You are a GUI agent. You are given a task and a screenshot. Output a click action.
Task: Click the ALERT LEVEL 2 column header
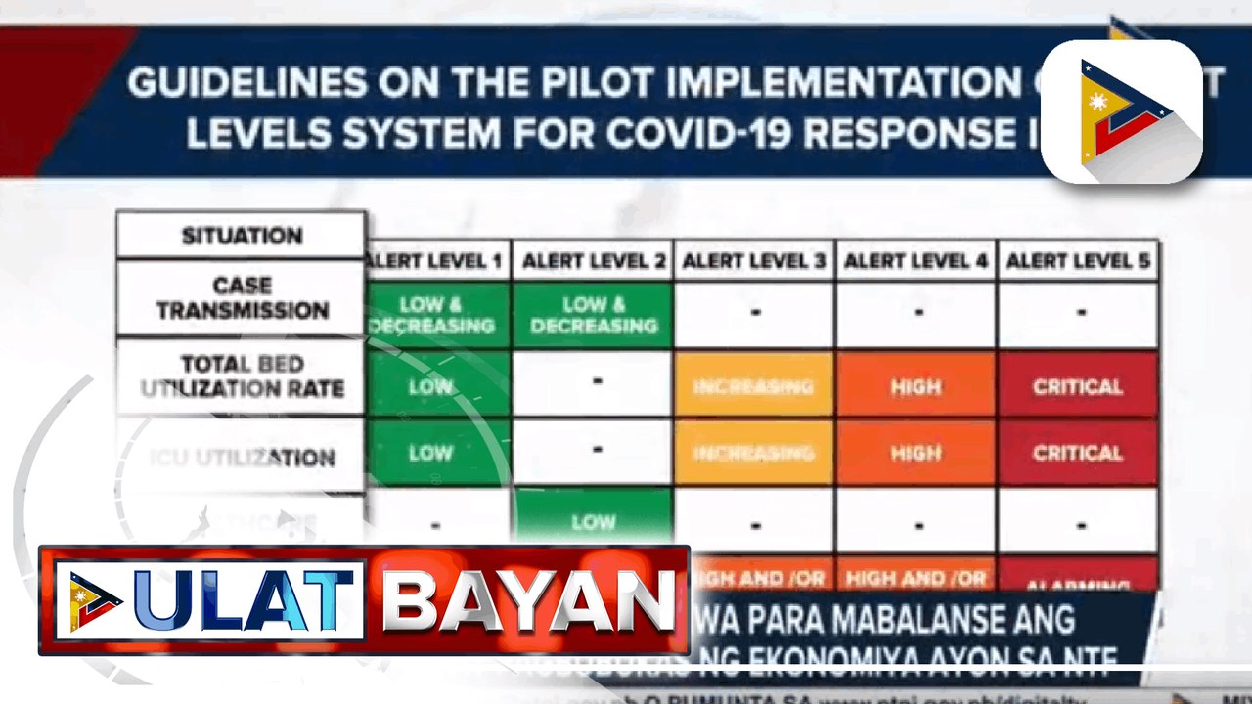pyautogui.click(x=594, y=261)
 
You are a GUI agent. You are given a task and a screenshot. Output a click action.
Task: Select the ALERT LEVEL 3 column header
pyautogui.click(x=754, y=261)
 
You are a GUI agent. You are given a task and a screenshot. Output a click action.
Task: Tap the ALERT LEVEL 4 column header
pyautogui.click(x=916, y=261)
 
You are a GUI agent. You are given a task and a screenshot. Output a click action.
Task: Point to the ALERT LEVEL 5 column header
pyautogui.click(x=1078, y=261)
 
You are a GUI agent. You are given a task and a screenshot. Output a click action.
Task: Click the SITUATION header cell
pyautogui.click(x=242, y=236)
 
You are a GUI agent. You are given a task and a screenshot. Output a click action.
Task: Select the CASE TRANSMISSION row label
pyautogui.click(x=242, y=298)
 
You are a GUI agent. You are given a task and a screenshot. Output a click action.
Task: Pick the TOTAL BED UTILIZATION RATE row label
pyautogui.click(x=242, y=376)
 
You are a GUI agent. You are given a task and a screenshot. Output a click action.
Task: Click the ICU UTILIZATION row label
pyautogui.click(x=242, y=457)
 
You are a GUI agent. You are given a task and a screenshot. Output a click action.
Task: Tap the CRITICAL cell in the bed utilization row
pyautogui.click(x=1078, y=387)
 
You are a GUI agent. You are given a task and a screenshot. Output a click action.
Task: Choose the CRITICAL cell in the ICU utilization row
pyautogui.click(x=1078, y=453)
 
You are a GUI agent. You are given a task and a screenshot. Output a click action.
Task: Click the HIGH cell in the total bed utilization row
pyautogui.click(x=916, y=387)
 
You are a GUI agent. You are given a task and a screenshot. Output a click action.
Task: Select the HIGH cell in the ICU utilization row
pyautogui.click(x=916, y=453)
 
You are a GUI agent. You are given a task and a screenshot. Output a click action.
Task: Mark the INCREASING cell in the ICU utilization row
pyautogui.click(x=754, y=453)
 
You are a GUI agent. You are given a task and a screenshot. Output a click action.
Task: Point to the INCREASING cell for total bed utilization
pyautogui.click(x=754, y=387)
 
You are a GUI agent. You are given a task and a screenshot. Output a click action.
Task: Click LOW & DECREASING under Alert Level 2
pyautogui.click(x=594, y=315)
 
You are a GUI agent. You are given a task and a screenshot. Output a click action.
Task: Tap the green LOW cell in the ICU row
pyautogui.click(x=430, y=453)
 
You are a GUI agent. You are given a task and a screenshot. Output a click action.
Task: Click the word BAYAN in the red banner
pyautogui.click(x=528, y=600)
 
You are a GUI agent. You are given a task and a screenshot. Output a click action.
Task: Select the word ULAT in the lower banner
pyautogui.click(x=245, y=600)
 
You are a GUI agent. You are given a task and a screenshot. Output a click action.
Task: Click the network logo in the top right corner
pyautogui.click(x=1122, y=110)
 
